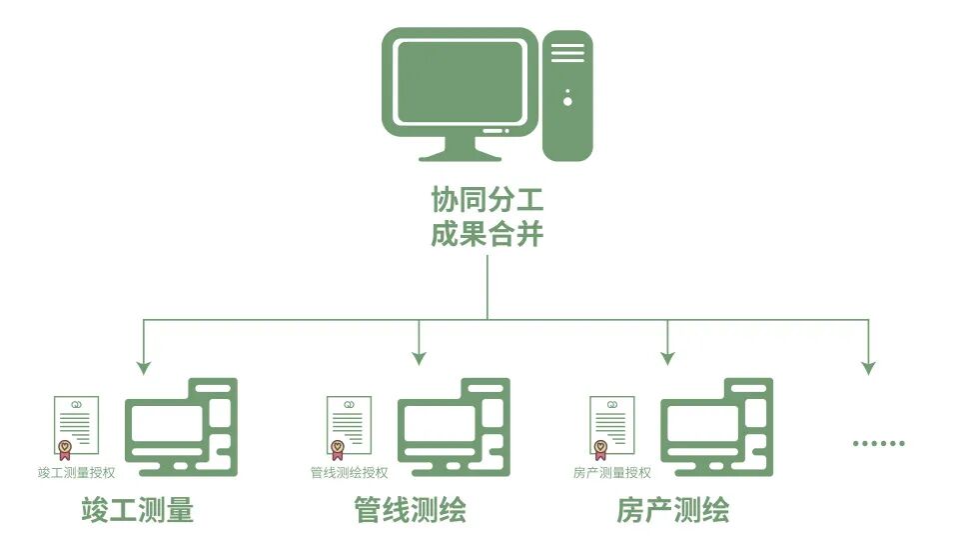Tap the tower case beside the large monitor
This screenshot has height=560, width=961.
(567, 95)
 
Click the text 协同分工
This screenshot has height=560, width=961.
(487, 199)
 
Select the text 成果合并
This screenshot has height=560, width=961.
(487, 235)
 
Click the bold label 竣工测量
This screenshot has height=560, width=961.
(137, 511)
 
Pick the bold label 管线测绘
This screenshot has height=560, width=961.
(411, 511)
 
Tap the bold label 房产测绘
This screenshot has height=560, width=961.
(673, 511)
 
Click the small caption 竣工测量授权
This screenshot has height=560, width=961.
(76, 472)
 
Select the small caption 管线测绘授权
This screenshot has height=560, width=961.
(349, 472)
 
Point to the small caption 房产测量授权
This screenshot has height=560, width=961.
(612, 472)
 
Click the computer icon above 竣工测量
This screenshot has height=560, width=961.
(181, 427)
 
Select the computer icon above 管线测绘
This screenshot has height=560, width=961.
(454, 427)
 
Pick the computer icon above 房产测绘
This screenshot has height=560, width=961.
(717, 427)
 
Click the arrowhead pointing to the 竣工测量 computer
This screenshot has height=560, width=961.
(144, 367)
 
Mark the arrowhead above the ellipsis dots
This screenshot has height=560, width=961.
(868, 367)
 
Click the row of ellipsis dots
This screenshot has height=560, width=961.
(879, 443)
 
